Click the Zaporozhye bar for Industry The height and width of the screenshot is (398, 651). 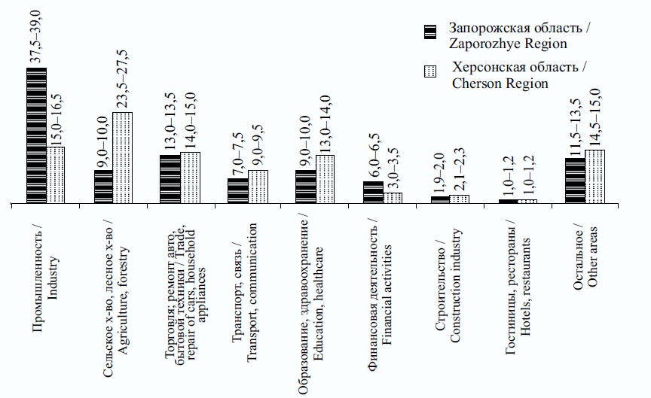(x=36, y=136)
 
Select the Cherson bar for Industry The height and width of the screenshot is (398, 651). (x=56, y=175)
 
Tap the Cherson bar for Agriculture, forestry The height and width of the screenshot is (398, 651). (x=123, y=158)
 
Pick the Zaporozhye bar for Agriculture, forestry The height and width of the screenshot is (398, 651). (x=103, y=187)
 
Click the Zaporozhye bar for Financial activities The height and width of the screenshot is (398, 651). (x=372, y=193)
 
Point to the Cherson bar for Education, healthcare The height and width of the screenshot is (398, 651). (x=325, y=180)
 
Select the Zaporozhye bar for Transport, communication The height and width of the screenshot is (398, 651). (x=237, y=191)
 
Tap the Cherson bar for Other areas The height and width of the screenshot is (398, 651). (x=594, y=177)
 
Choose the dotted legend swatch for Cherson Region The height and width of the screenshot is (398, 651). (x=430, y=72)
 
